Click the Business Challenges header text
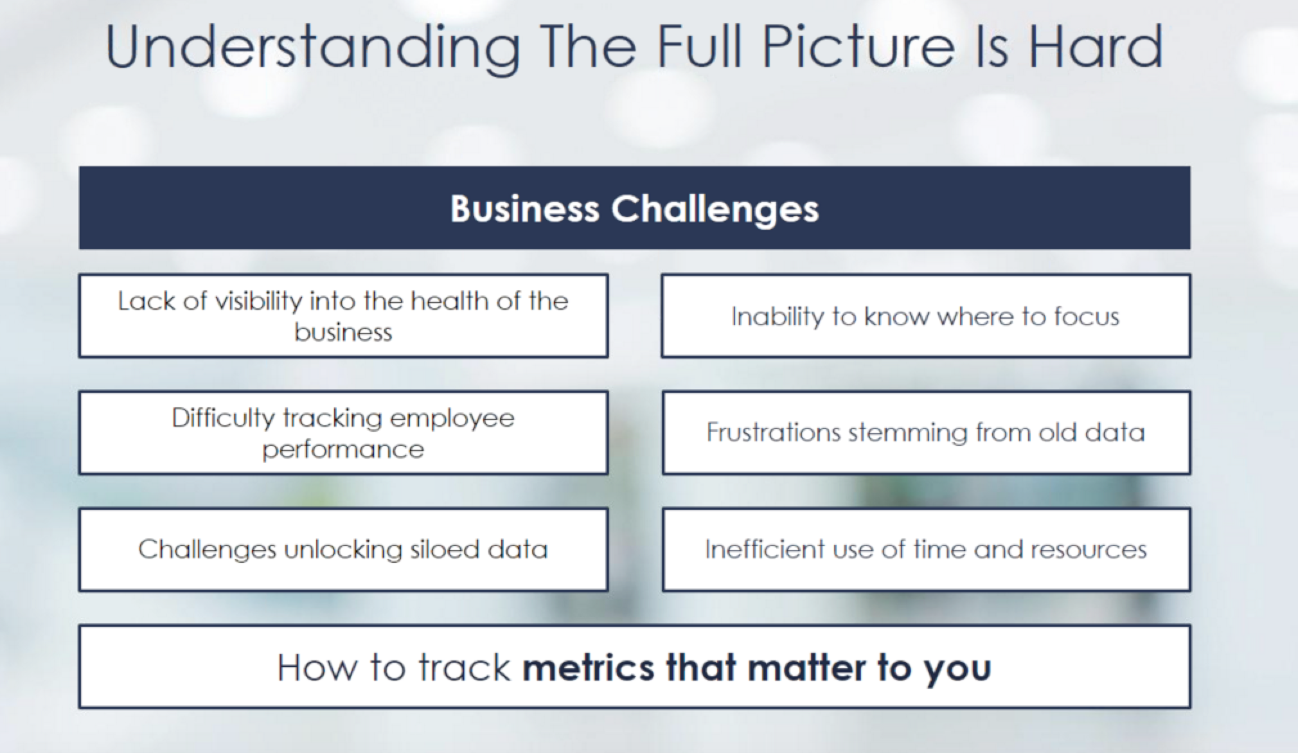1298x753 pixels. click(635, 208)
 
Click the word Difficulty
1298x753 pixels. click(223, 418)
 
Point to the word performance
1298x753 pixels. click(343, 449)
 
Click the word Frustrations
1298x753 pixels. click(774, 432)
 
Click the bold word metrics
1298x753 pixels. click(589, 667)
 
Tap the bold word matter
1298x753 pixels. click(807, 667)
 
